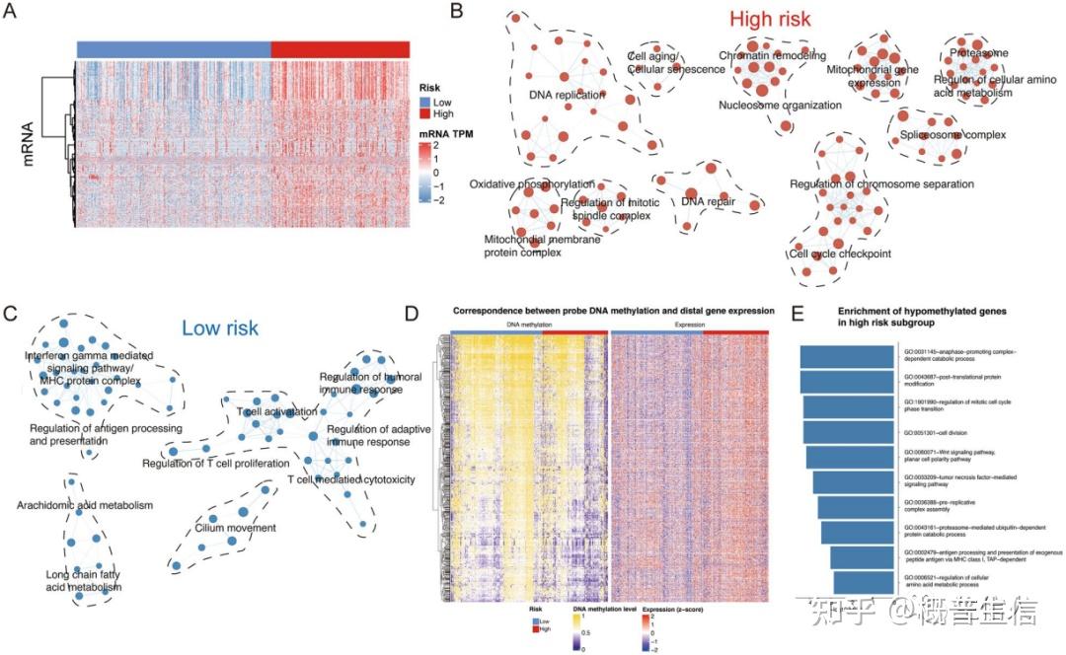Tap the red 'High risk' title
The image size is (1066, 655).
(x=771, y=19)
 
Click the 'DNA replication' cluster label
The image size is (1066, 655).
(x=568, y=96)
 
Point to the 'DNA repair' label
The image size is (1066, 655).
(x=708, y=202)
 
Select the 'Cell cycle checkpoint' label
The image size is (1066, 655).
(x=839, y=254)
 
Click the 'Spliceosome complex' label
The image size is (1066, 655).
(x=952, y=134)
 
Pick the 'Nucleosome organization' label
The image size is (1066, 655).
(x=780, y=105)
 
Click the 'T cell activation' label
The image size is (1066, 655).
(x=277, y=411)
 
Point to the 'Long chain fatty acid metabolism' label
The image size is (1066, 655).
(x=84, y=581)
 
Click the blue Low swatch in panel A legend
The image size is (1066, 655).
(x=426, y=101)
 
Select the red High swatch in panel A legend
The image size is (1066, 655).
(x=426, y=114)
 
